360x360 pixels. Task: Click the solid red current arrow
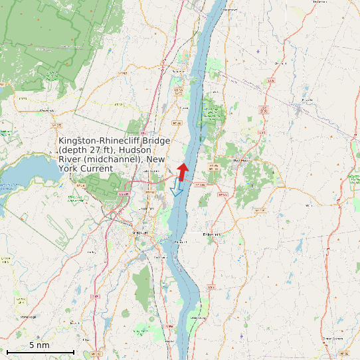pyautogui.click(x=183, y=170)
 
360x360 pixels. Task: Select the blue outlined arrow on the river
pyautogui.click(x=177, y=188)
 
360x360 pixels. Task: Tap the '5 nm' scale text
pyautogui.click(x=39, y=345)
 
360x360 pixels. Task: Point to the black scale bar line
pyautogui.click(x=40, y=351)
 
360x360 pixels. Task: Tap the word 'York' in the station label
pyautogui.click(x=70, y=169)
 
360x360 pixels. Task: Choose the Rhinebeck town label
pyautogui.click(x=212, y=234)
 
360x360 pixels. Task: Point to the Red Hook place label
pyautogui.click(x=241, y=160)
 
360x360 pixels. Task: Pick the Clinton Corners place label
pyautogui.click(x=332, y=338)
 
